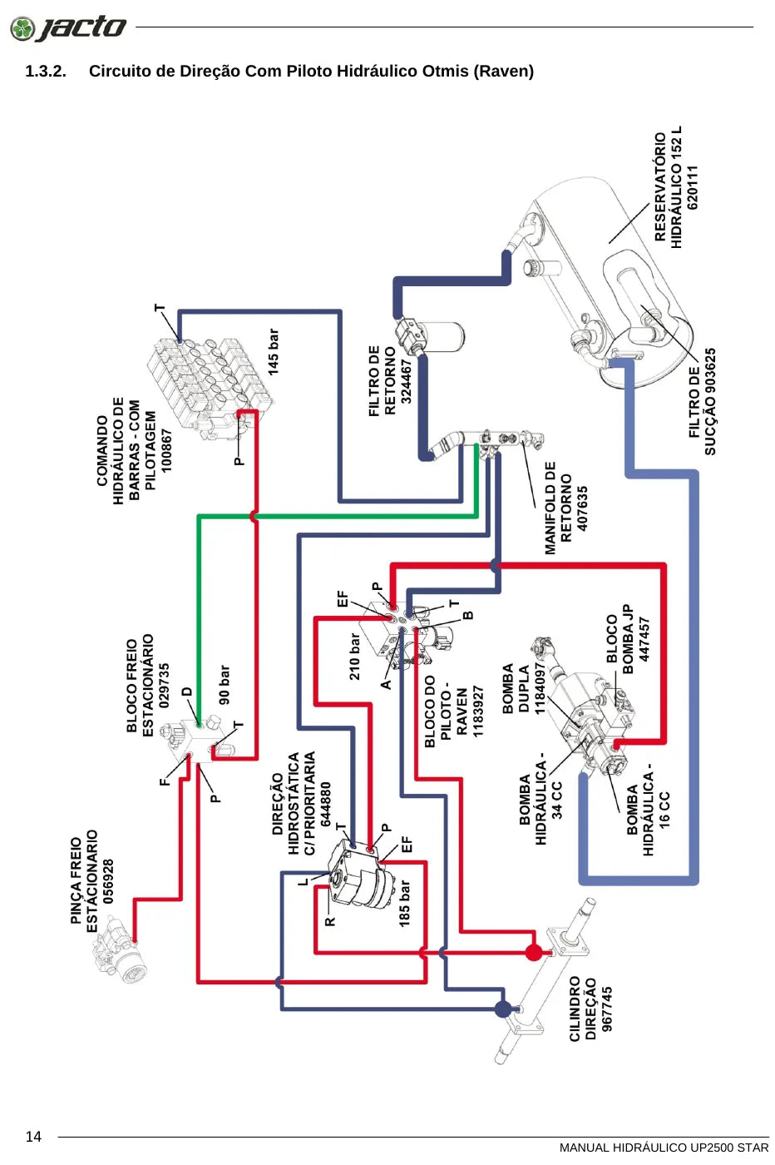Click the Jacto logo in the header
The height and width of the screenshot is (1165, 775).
tap(68, 27)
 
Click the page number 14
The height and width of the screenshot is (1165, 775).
tap(33, 1137)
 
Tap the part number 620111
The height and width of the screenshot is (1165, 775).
tap(693, 188)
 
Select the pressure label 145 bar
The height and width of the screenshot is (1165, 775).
tap(274, 352)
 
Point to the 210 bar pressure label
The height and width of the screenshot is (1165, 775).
tap(354, 657)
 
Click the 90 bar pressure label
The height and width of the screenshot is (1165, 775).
tap(224, 685)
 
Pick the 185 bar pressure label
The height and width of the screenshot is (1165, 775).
tap(404, 904)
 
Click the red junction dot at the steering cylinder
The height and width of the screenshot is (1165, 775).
tap(533, 952)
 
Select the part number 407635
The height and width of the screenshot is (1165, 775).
tap(582, 508)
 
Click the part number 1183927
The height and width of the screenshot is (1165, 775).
tap(478, 711)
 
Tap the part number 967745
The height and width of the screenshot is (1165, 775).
tap(606, 1009)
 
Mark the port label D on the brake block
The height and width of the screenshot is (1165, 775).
tap(187, 692)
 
